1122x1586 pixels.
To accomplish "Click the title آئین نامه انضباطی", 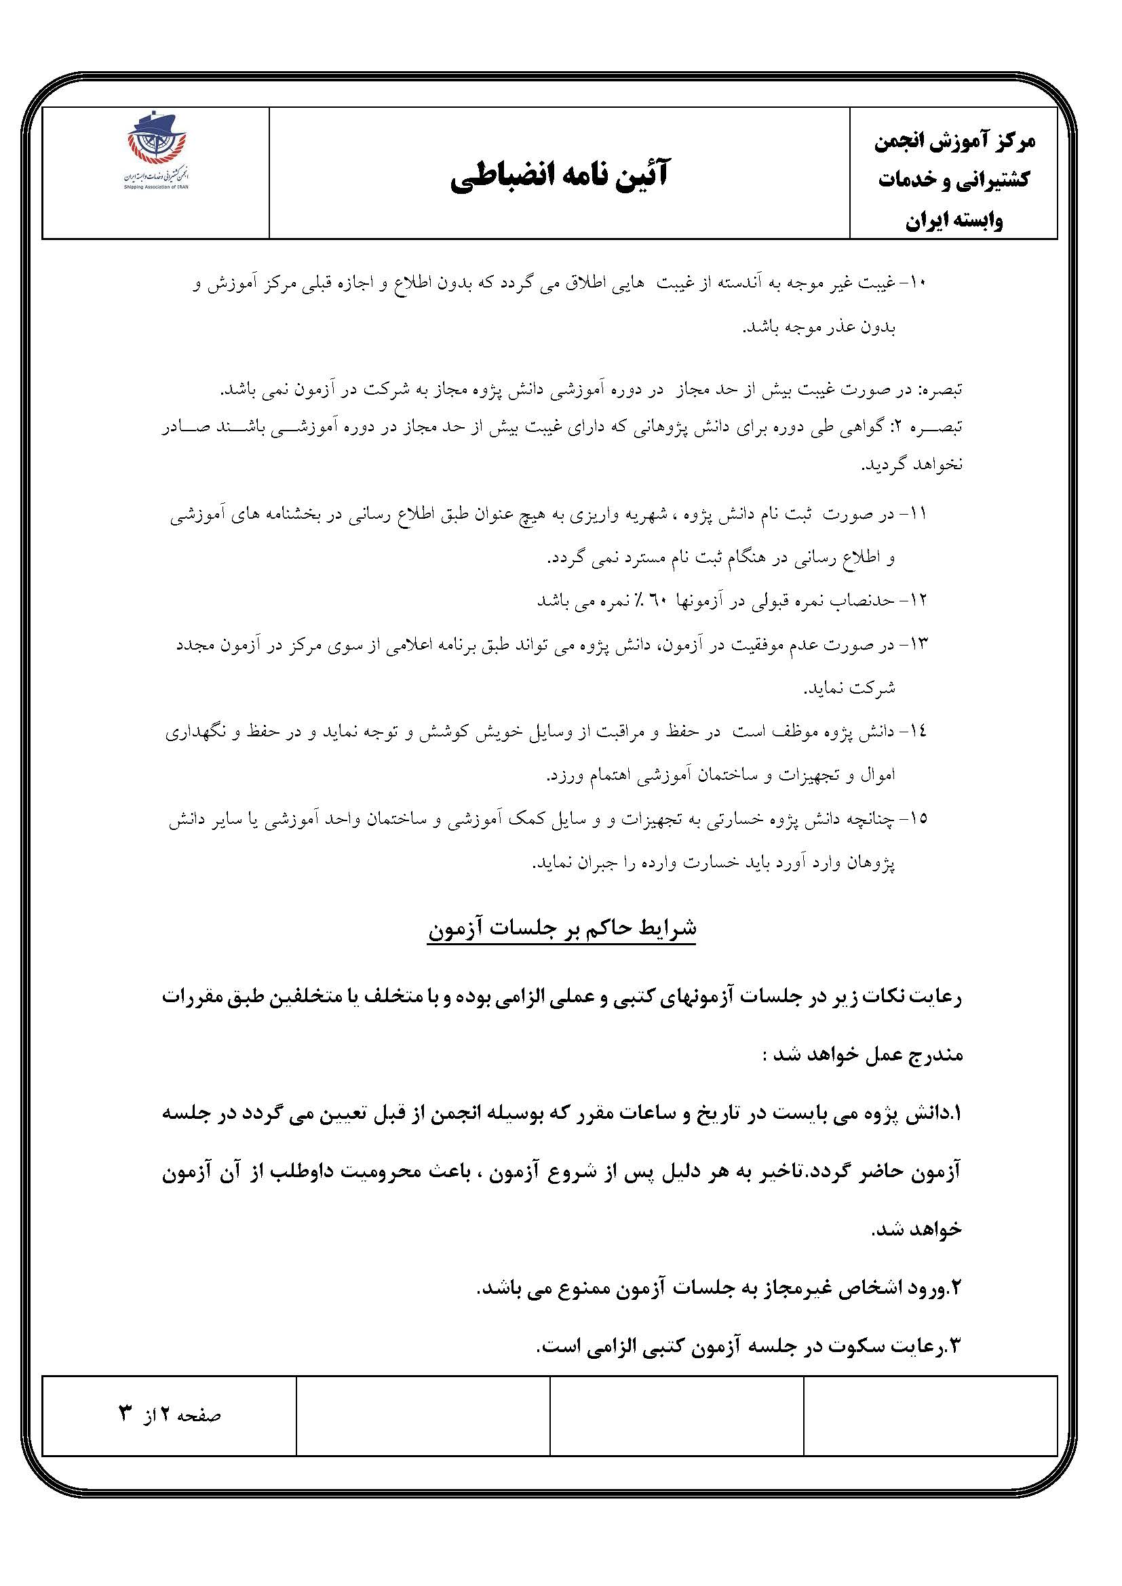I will (560, 176).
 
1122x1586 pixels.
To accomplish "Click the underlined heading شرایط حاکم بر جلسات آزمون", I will (562, 928).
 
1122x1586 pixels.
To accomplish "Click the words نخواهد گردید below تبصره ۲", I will (912, 464).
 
